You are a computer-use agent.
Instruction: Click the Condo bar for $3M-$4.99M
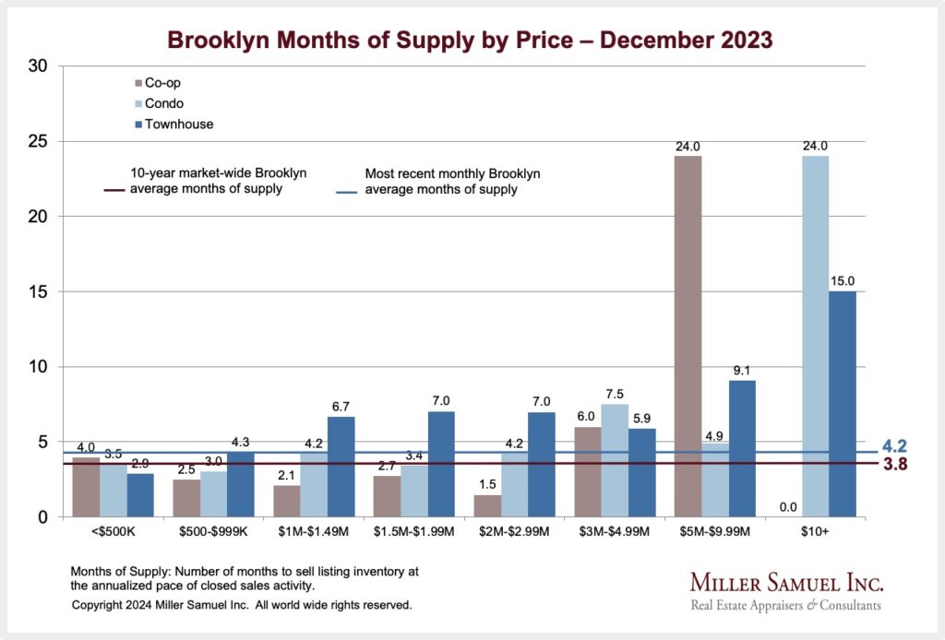point(615,460)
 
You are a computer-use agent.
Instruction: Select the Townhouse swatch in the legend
point(138,124)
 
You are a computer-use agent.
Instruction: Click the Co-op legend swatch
point(138,83)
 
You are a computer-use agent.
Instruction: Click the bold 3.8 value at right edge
point(895,465)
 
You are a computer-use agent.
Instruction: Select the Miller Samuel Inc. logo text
point(786,583)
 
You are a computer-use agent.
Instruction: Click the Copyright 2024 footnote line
point(241,606)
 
